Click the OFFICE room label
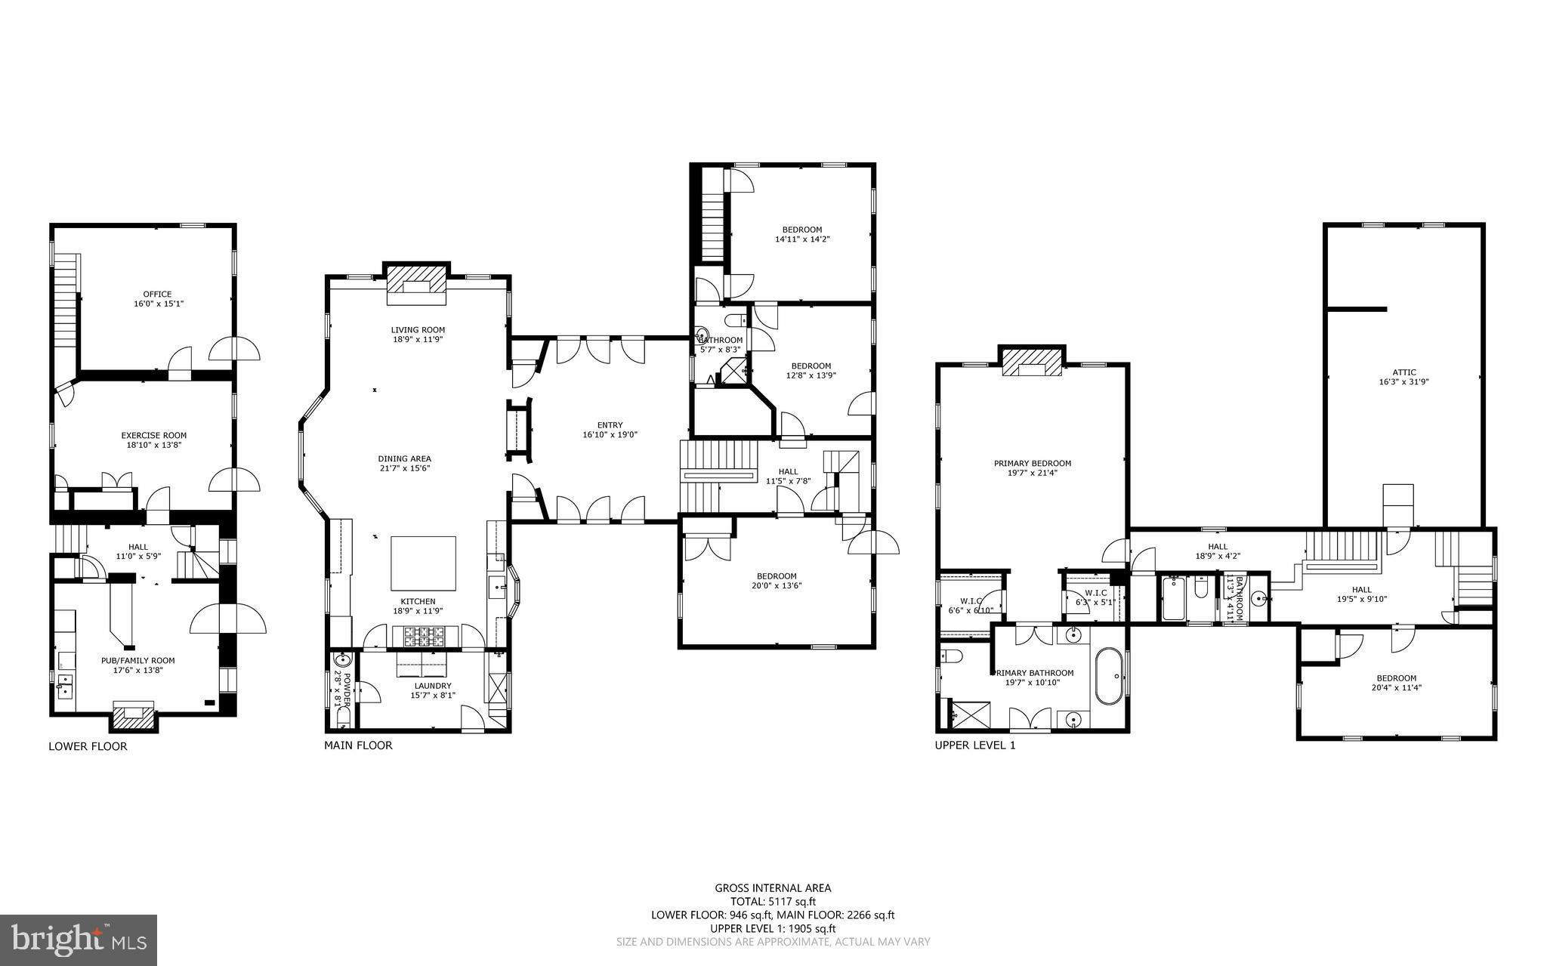point(157,295)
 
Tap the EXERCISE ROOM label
point(153,436)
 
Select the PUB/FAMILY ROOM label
point(137,660)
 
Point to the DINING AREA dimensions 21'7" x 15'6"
point(405,468)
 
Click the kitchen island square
point(423,563)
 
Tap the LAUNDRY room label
point(432,686)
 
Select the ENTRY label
point(610,425)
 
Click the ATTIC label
point(1403,372)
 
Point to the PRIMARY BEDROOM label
point(1032,464)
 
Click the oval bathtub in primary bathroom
point(1108,676)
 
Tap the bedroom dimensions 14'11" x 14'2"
point(802,239)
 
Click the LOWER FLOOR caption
point(88,746)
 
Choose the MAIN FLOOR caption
point(358,745)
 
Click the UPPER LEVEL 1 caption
point(975,745)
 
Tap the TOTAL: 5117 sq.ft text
point(773,901)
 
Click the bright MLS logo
point(79,940)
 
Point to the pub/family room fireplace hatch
point(134,719)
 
